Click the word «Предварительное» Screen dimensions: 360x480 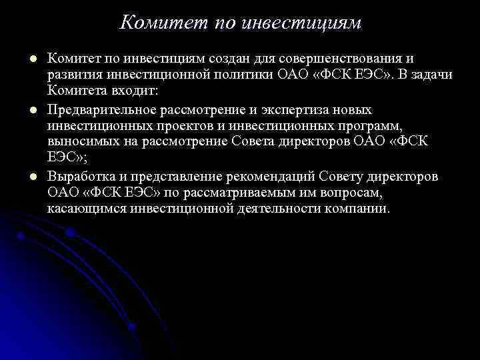point(107,109)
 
